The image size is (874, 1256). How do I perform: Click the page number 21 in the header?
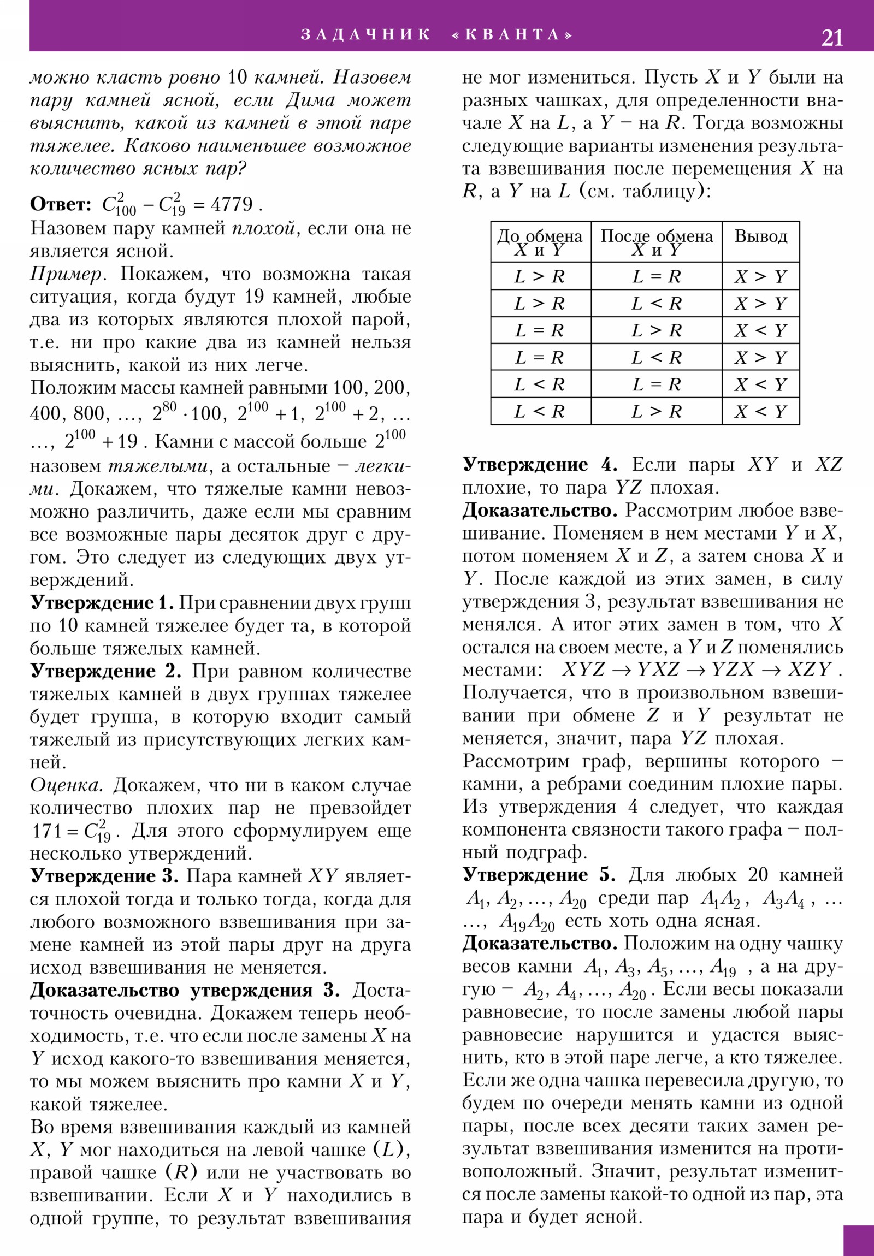pyautogui.click(x=831, y=38)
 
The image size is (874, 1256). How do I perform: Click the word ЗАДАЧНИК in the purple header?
pyautogui.click(x=365, y=34)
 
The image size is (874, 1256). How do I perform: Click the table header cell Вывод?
pyautogui.click(x=760, y=236)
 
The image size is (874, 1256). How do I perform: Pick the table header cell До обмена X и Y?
pyautogui.click(x=540, y=242)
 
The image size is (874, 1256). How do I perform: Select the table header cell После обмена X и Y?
pyautogui.click(x=656, y=242)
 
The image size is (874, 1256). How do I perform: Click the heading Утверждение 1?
pyautogui.click(x=102, y=603)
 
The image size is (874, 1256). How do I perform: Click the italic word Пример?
pyautogui.click(x=66, y=274)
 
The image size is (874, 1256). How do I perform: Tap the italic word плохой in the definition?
pyautogui.click(x=264, y=228)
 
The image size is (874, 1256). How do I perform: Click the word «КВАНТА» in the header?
pyautogui.click(x=512, y=34)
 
